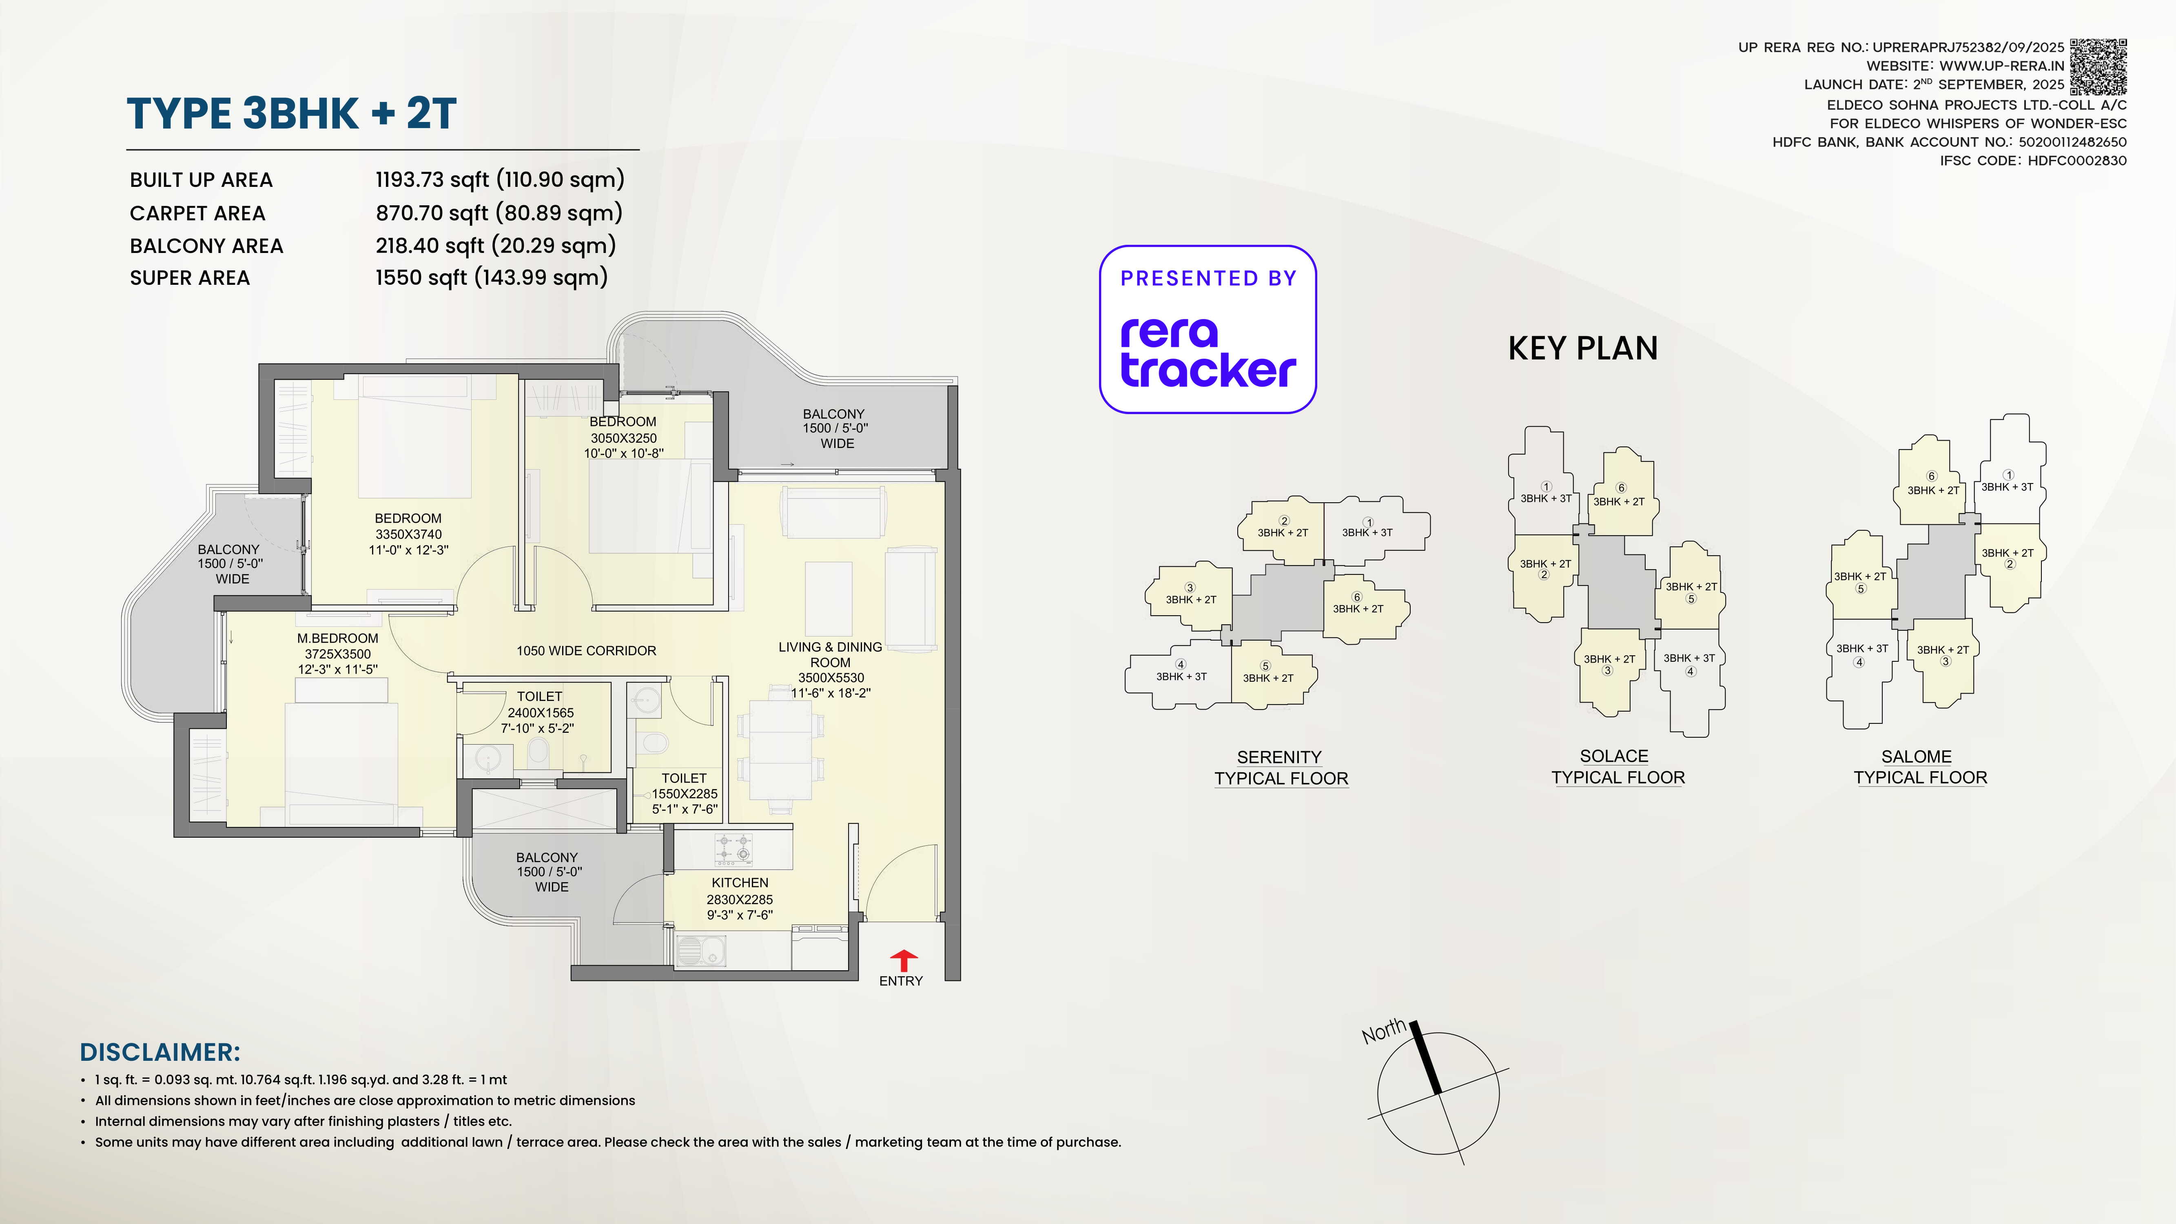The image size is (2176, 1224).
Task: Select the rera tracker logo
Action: [1208, 352]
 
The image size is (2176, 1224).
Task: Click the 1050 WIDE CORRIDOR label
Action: [586, 650]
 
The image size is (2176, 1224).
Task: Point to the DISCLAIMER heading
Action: [160, 1052]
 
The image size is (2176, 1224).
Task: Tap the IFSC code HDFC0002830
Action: [2076, 160]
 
